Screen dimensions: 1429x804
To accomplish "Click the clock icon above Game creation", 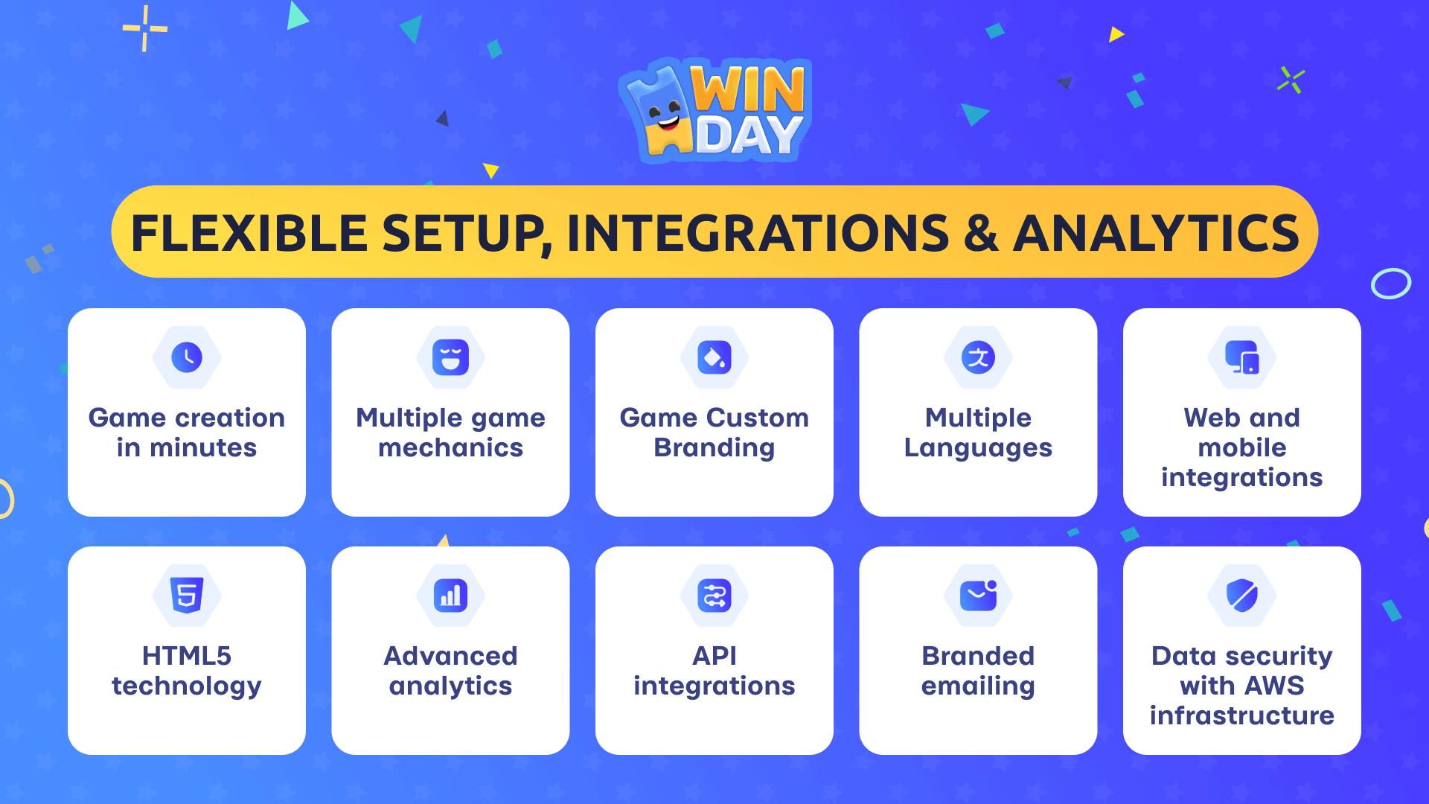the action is click(187, 357).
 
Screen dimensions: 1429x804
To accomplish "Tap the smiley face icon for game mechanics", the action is click(450, 357).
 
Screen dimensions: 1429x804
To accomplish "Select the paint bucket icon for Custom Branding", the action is click(714, 357).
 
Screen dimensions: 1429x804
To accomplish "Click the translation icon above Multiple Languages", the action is click(978, 357).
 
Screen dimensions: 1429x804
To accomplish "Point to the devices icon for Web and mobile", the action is click(1242, 357).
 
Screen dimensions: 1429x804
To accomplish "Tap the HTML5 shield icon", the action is click(187, 596).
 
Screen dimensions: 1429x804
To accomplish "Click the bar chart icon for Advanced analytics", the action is click(450, 596).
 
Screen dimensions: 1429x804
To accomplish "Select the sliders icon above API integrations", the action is click(714, 596).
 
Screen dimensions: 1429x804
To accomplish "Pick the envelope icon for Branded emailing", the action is click(978, 596).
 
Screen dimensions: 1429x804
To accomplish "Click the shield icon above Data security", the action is click(1242, 596).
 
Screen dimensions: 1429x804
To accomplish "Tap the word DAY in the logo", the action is click(749, 135).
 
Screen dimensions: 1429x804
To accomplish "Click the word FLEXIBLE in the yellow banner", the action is click(249, 233).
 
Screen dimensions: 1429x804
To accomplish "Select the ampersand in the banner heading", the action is click(981, 233).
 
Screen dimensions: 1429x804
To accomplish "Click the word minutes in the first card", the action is click(203, 447).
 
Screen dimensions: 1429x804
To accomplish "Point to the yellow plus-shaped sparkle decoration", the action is click(145, 28).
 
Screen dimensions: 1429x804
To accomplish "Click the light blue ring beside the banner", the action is click(1391, 283).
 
